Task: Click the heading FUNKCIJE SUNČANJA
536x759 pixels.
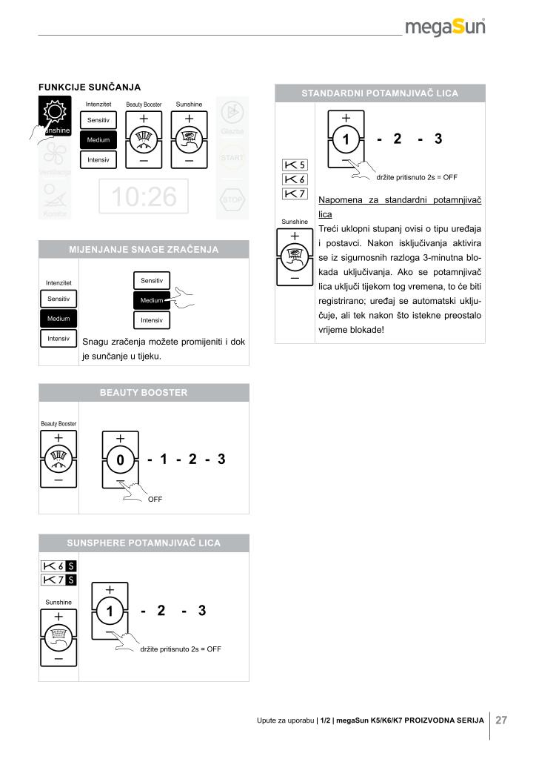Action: (x=90, y=87)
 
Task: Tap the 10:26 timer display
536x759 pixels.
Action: (x=144, y=197)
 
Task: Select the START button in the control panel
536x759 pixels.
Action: (x=232, y=157)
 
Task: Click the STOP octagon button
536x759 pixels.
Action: (x=232, y=199)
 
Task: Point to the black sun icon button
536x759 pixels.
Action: (x=55, y=115)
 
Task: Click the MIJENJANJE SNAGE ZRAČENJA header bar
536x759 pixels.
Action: (x=144, y=250)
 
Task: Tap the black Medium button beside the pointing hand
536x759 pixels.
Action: (x=153, y=300)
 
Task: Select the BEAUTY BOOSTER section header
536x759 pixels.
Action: (x=144, y=392)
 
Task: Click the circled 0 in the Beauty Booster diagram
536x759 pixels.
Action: (x=120, y=461)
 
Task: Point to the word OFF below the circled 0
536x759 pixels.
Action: (x=155, y=499)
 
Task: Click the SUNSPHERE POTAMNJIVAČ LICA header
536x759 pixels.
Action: (x=144, y=543)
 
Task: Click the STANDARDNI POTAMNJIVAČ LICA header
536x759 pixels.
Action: (x=380, y=93)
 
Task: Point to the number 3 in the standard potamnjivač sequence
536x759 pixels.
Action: (x=438, y=139)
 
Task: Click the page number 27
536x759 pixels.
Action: (x=501, y=720)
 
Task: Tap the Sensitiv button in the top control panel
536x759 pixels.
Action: (x=98, y=120)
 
